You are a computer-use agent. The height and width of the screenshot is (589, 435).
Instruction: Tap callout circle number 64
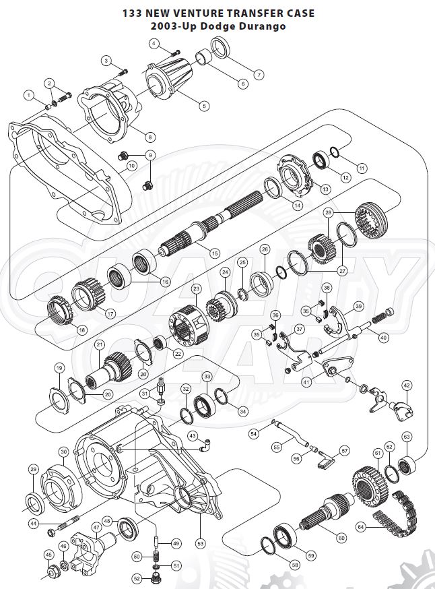coord(362,526)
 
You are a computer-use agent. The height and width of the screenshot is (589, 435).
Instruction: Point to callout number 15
coord(215,253)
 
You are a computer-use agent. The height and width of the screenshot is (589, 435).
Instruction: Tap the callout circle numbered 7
coord(259,74)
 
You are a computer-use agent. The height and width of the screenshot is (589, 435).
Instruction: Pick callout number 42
coord(407,385)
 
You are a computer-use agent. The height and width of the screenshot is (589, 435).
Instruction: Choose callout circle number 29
coord(33,469)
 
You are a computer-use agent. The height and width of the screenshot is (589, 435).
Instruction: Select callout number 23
coord(196,288)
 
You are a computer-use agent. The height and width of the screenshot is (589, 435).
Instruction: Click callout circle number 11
coord(362,168)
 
